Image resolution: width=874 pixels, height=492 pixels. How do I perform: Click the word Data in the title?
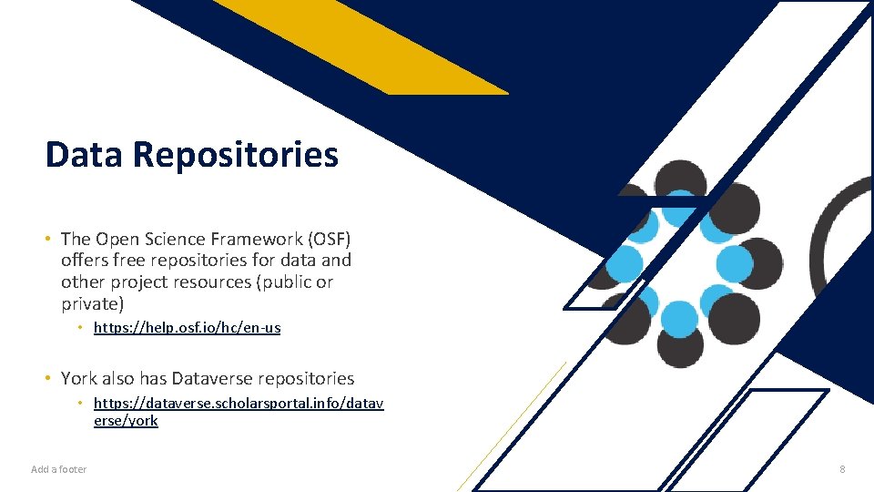84,155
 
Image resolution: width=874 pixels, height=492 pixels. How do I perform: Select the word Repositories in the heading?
235,156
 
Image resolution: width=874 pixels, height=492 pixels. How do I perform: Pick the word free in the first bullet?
129,261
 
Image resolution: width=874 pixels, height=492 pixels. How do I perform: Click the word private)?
92,304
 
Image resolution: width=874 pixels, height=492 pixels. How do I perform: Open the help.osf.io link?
187,328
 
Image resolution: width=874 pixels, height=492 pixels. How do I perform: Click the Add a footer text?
59,469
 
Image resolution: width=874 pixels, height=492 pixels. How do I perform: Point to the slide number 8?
842,469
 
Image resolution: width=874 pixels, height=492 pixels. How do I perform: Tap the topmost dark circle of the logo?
680,179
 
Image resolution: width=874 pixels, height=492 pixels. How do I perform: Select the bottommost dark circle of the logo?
680,347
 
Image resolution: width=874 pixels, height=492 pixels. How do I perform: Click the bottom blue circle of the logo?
679,319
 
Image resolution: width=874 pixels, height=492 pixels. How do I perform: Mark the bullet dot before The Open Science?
46,239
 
